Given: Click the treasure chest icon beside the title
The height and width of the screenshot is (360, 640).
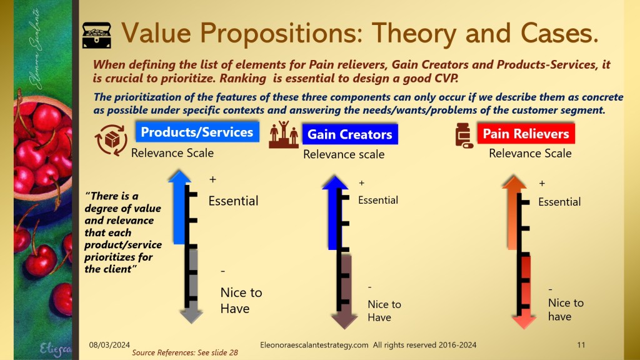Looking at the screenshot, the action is pos(97,36).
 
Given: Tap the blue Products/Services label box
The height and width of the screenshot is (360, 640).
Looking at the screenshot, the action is pos(197,132).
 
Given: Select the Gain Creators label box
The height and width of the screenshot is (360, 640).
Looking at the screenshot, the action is pos(350,134).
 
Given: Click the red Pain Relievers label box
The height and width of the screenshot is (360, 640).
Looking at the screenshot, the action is pos(526,134).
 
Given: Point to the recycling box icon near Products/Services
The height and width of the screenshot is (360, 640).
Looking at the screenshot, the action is pos(111,140).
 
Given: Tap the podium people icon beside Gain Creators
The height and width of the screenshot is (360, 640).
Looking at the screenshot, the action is pos(284,134).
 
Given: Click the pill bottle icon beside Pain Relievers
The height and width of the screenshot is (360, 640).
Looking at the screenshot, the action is pos(464,135).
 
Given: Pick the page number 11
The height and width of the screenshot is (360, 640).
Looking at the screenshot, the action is pos(581,345).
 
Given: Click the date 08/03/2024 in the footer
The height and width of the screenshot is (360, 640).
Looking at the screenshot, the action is pos(109,345).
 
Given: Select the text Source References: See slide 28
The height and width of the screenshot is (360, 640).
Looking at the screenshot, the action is pos(185,352).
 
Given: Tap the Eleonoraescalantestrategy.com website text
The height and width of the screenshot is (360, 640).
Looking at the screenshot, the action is pos(314,345).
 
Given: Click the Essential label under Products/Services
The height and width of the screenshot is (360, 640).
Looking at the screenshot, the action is pos(234,201).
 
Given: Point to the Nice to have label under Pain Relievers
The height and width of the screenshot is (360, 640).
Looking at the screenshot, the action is pos(566,309).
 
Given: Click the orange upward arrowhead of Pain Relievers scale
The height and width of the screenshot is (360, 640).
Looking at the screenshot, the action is pos(514,182).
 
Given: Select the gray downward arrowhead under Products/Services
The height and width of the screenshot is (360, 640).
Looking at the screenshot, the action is pos(191,316).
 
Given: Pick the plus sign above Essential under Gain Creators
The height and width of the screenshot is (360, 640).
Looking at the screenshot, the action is pos(361,183).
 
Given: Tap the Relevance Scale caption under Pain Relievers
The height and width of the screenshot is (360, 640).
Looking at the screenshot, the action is pos(530,154).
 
